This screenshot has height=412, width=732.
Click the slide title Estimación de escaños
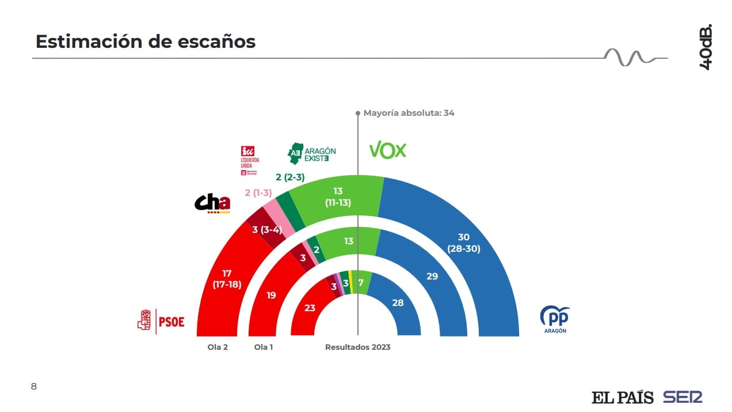(x=146, y=41)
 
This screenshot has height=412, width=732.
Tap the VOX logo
(x=387, y=150)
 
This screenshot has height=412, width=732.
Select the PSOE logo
(x=161, y=321)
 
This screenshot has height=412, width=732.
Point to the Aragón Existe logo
(x=311, y=153)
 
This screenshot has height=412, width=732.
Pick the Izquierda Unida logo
(x=250, y=160)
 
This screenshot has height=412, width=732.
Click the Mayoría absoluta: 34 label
(x=409, y=113)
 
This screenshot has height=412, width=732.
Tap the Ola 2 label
(x=218, y=347)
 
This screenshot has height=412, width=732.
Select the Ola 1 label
(x=264, y=347)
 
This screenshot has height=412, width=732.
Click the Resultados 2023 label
(x=357, y=347)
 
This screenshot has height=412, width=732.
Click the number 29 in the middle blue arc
(x=432, y=276)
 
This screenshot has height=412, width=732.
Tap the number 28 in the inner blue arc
(x=397, y=302)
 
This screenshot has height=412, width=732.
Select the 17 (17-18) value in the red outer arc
(x=226, y=279)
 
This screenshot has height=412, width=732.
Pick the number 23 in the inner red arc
(x=310, y=308)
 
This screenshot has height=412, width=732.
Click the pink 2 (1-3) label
(x=258, y=192)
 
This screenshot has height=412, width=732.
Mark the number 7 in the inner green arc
(x=361, y=282)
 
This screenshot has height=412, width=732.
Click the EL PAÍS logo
(x=622, y=397)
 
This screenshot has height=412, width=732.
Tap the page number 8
(x=33, y=386)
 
